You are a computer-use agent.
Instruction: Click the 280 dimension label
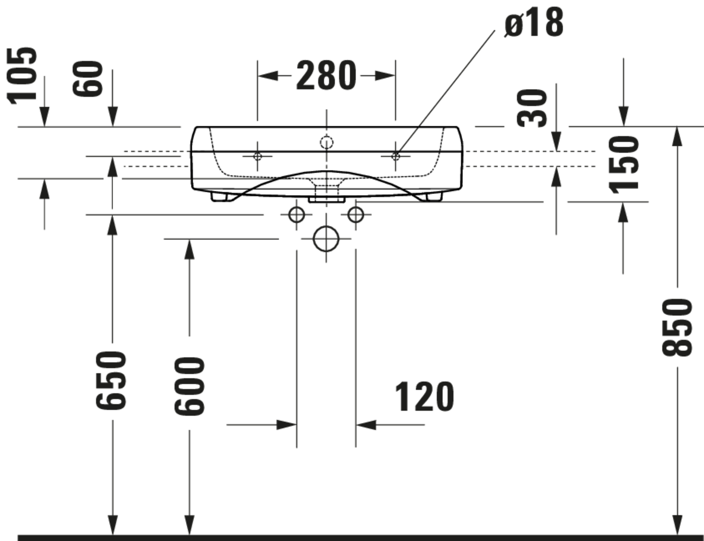pyautogui.click(x=326, y=76)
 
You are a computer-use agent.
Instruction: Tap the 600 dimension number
pyautogui.click(x=189, y=386)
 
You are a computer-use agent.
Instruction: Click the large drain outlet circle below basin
pyautogui.click(x=326, y=239)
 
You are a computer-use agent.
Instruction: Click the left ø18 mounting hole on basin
pyautogui.click(x=257, y=156)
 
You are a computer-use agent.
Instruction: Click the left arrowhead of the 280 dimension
pyautogui.click(x=268, y=76)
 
